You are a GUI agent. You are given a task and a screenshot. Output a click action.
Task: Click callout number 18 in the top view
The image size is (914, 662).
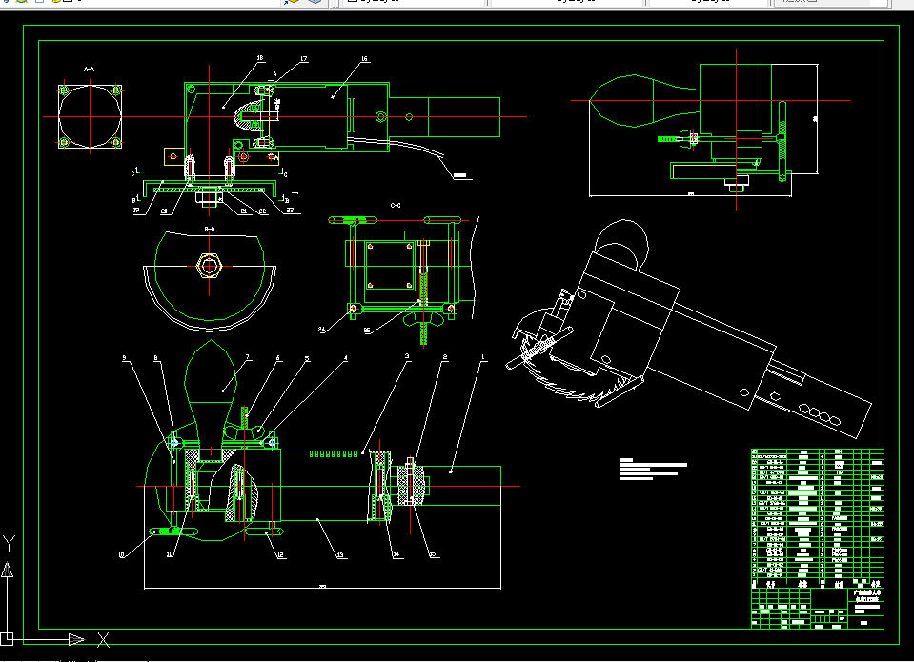[259, 58]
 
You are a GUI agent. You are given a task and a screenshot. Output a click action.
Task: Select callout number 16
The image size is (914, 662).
[364, 59]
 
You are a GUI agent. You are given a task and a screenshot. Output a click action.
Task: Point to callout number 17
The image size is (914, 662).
[304, 59]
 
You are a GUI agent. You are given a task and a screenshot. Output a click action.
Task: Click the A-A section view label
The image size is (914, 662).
[90, 70]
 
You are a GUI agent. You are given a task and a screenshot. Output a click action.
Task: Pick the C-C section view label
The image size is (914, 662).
[396, 205]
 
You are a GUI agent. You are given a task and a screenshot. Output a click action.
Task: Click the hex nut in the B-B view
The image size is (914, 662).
[209, 266]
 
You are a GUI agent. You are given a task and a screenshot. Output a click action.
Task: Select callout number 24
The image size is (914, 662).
[322, 329]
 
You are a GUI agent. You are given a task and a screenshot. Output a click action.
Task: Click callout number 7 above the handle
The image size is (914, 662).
[247, 358]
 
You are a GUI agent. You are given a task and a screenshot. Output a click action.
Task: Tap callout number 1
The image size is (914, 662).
[483, 358]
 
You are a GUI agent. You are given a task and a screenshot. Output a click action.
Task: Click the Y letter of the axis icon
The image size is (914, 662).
[8, 544]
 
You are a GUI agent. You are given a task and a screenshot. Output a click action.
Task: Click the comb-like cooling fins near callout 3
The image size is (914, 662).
[338, 444]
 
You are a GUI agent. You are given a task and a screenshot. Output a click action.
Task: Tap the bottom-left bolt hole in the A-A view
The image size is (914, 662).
[64, 143]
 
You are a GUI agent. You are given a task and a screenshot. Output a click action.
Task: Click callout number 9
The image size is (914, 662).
[124, 358]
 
